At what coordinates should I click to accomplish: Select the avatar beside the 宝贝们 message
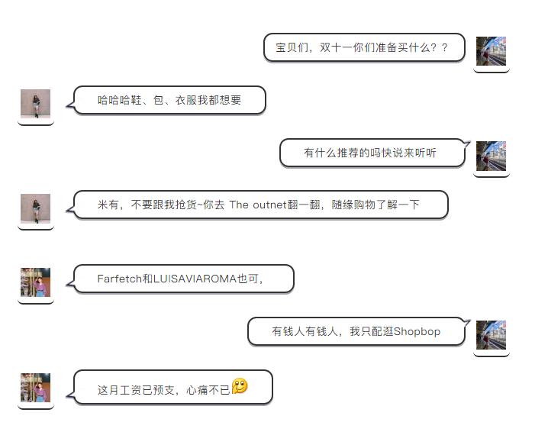(x=491, y=51)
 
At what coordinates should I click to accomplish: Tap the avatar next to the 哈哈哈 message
(x=35, y=104)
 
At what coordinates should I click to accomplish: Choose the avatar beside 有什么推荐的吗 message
(x=491, y=156)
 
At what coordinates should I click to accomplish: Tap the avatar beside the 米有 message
(x=35, y=208)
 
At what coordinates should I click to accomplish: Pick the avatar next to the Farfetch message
(x=35, y=282)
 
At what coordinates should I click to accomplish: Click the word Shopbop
(x=417, y=331)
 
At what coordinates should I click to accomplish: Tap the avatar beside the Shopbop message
(x=491, y=335)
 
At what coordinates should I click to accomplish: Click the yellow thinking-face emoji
(x=240, y=386)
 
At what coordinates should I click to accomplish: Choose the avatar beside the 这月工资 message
(x=35, y=388)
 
